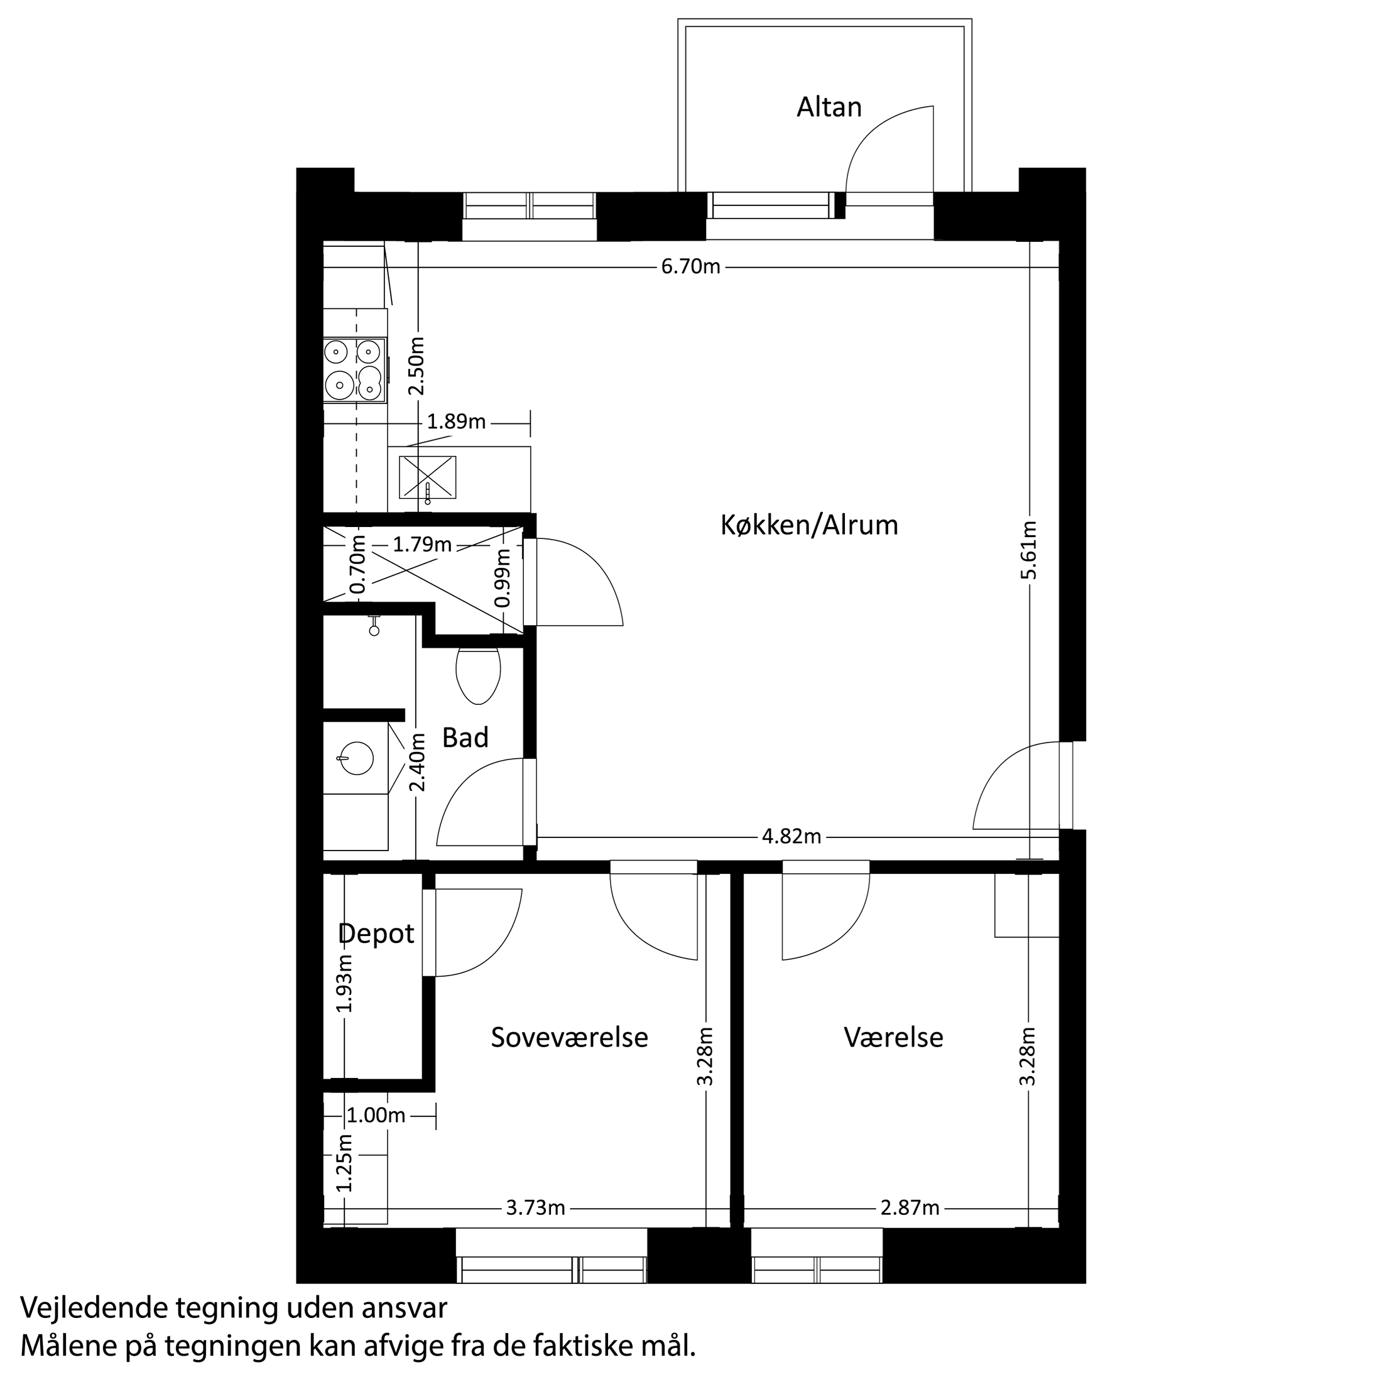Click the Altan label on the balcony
pyautogui.click(x=829, y=107)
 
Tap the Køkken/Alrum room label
pyautogui.click(x=808, y=525)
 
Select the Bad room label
pyautogui.click(x=465, y=737)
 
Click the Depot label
pyautogui.click(x=376, y=933)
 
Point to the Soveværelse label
pyautogui.click(x=569, y=1037)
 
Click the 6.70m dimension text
pyautogui.click(x=690, y=268)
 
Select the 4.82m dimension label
pyautogui.click(x=791, y=836)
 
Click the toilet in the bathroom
pyautogui.click(x=478, y=675)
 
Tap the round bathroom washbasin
pyautogui.click(x=356, y=758)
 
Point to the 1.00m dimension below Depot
pyautogui.click(x=376, y=1115)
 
